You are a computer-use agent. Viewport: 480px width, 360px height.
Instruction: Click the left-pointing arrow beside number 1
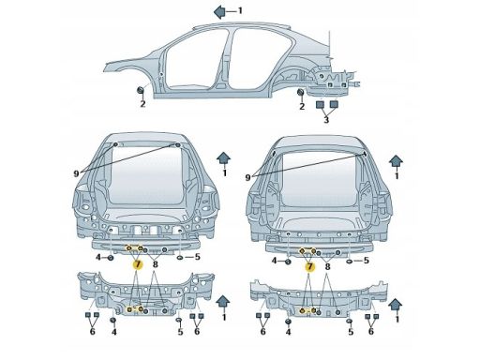click(x=219, y=11)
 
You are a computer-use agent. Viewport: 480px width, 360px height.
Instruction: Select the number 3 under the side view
click(x=326, y=120)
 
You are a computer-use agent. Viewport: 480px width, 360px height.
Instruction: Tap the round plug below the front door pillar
click(x=141, y=90)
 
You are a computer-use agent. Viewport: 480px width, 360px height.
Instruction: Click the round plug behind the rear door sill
click(x=301, y=92)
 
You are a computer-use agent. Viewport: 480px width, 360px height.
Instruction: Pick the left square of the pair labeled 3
click(x=321, y=104)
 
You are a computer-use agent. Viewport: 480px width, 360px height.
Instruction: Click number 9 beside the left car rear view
click(x=76, y=173)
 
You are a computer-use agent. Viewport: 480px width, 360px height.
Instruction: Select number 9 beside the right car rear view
click(x=248, y=177)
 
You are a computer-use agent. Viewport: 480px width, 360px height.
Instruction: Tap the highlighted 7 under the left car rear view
click(x=138, y=264)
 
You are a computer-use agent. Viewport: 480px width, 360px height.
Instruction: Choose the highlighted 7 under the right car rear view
click(x=309, y=267)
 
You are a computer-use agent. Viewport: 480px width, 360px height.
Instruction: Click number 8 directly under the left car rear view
click(x=155, y=264)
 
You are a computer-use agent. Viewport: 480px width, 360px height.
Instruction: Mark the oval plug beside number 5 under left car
click(x=181, y=258)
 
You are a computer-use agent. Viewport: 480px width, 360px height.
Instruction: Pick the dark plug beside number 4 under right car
click(x=288, y=262)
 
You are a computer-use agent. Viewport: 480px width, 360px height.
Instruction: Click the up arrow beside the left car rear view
click(x=224, y=157)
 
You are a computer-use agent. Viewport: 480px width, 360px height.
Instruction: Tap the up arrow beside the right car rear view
click(x=396, y=160)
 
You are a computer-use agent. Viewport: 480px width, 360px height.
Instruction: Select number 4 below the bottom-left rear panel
click(x=114, y=332)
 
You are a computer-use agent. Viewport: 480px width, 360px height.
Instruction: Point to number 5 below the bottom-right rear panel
click(x=351, y=332)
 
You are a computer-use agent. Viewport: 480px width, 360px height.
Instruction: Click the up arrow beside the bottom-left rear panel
click(x=223, y=302)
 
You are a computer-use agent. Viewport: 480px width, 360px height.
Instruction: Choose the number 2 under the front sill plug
click(x=142, y=104)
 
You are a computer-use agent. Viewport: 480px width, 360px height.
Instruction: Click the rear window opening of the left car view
click(x=146, y=175)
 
